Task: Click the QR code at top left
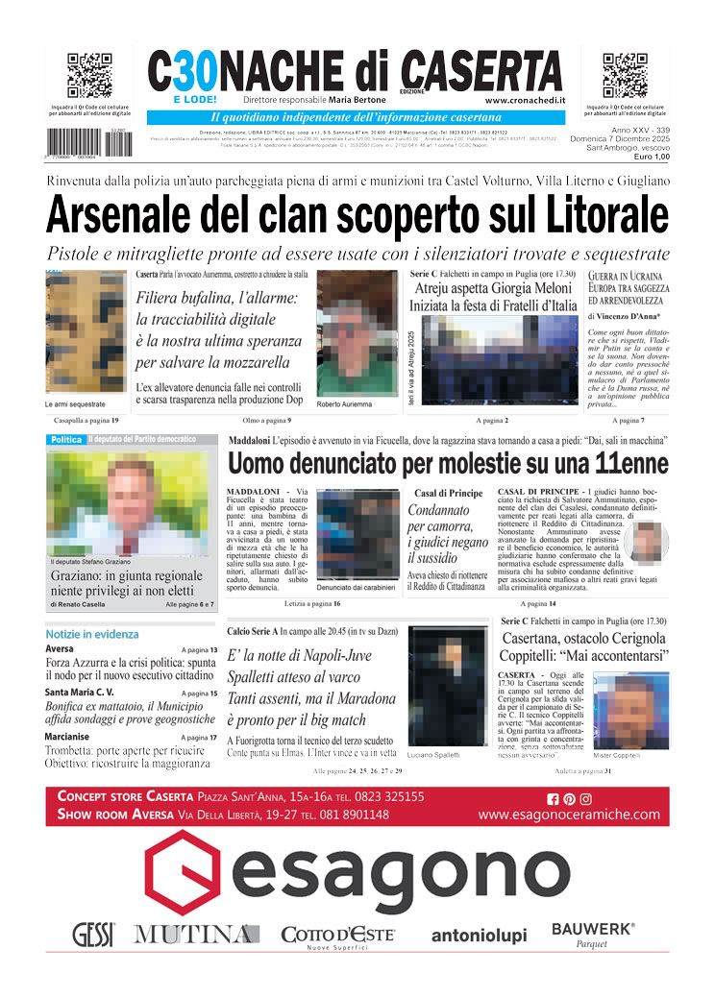(89, 76)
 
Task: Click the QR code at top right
(625, 76)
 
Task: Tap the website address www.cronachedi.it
(524, 100)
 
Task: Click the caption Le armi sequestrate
(75, 404)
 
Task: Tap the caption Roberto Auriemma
(342, 404)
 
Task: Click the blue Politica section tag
(66, 439)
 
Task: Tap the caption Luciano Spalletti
(434, 755)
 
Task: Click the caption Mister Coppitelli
(616, 755)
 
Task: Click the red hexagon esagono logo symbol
(189, 875)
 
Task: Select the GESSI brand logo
(93, 934)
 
